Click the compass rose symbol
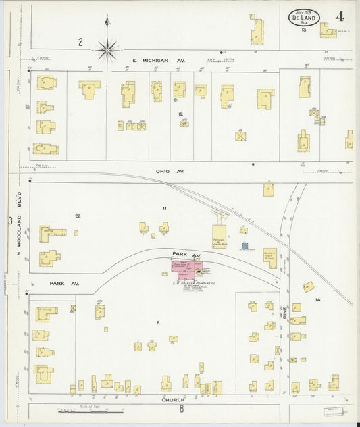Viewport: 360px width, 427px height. (x=107, y=48)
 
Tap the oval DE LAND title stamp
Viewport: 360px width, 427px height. (x=305, y=18)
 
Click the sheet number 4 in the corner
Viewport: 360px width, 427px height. (x=339, y=16)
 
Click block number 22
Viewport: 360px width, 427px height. (x=78, y=216)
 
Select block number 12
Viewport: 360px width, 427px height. (x=180, y=114)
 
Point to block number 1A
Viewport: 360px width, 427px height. (x=316, y=299)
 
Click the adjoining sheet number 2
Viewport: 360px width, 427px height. (x=80, y=42)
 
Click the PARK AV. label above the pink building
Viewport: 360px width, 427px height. (x=186, y=255)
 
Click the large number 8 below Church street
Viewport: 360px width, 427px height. (x=181, y=409)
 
